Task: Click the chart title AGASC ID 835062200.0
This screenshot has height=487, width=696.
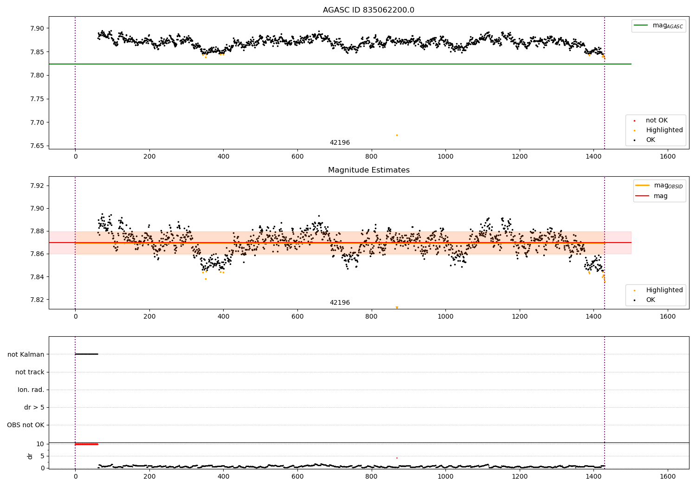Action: click(x=368, y=10)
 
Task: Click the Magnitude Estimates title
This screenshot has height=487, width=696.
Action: click(x=368, y=170)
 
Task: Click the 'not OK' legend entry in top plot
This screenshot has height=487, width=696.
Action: click(x=657, y=121)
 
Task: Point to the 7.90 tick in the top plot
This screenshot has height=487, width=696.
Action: click(x=37, y=28)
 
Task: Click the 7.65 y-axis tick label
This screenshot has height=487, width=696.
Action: click(x=37, y=146)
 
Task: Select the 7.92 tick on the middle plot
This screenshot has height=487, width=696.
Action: click(x=37, y=186)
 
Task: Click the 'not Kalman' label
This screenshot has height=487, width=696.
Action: click(x=26, y=354)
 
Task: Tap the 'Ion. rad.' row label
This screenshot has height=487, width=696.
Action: click(x=31, y=390)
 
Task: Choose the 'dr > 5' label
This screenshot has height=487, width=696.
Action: click(x=34, y=407)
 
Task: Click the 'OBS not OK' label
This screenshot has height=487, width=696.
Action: click(x=26, y=425)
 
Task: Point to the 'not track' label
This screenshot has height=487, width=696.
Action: click(x=30, y=372)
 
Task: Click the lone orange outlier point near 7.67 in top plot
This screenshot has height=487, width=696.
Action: click(x=397, y=135)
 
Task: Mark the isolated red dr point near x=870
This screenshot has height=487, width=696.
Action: click(x=397, y=458)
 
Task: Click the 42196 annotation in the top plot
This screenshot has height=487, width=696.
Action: click(x=340, y=143)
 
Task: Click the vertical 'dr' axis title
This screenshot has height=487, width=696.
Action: click(x=30, y=456)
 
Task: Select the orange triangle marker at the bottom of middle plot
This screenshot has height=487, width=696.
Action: click(x=397, y=308)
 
